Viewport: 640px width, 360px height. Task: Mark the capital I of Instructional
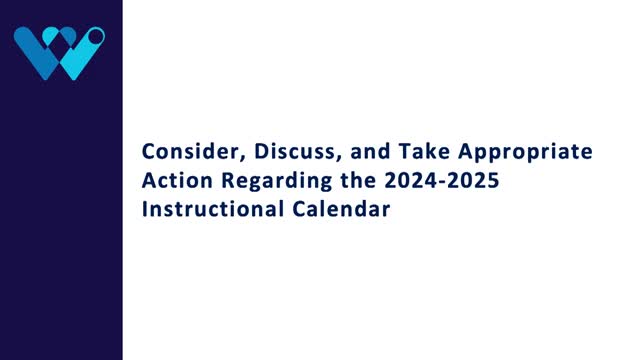coord(145,211)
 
